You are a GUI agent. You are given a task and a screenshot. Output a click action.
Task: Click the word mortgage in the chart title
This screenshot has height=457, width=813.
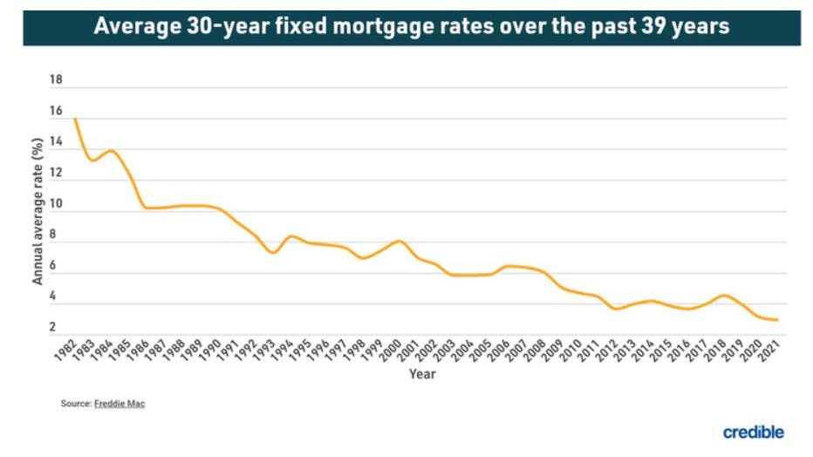395,26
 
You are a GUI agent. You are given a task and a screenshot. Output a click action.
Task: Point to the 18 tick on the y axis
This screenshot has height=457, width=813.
57,80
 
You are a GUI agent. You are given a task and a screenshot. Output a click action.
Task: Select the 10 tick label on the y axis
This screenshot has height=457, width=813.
57,205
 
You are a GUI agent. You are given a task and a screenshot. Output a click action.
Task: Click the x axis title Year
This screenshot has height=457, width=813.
422,374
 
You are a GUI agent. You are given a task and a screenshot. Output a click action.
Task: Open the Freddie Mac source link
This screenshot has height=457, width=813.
120,404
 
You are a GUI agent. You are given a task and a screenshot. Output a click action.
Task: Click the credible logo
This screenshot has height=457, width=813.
753,432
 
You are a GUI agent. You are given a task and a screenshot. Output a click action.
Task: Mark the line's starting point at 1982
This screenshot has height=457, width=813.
76,119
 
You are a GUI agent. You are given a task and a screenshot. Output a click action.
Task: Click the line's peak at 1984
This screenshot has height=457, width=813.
111,151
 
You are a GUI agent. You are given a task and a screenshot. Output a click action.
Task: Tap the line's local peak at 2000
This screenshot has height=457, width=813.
399,241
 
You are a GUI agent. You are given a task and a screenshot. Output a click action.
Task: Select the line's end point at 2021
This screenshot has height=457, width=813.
776,320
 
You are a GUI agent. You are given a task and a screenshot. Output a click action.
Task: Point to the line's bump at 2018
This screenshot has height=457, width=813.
723,296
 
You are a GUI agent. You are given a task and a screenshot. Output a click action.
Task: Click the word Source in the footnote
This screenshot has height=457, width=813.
75,404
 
